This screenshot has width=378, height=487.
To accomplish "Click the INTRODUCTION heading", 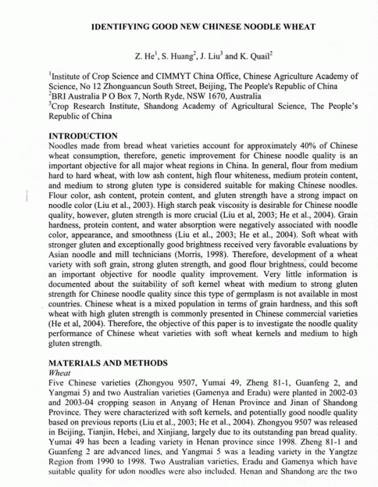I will tap(83, 135).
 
